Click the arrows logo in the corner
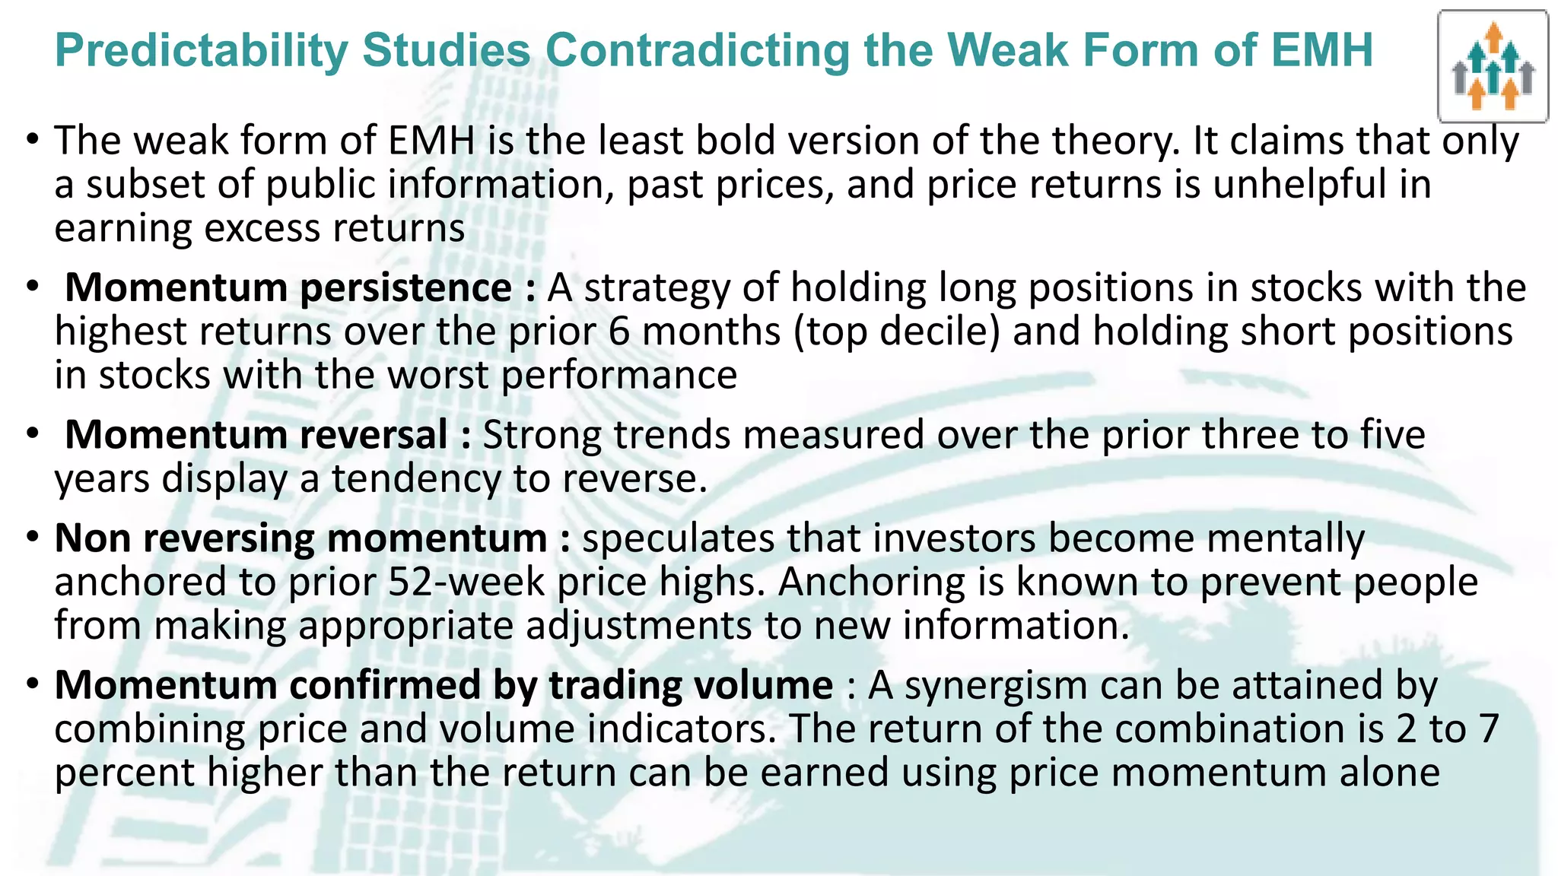[x=1493, y=67]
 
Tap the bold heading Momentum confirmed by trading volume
[x=444, y=685]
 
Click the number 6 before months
[x=619, y=332]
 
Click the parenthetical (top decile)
[x=896, y=332]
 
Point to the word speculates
[x=678, y=538]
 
